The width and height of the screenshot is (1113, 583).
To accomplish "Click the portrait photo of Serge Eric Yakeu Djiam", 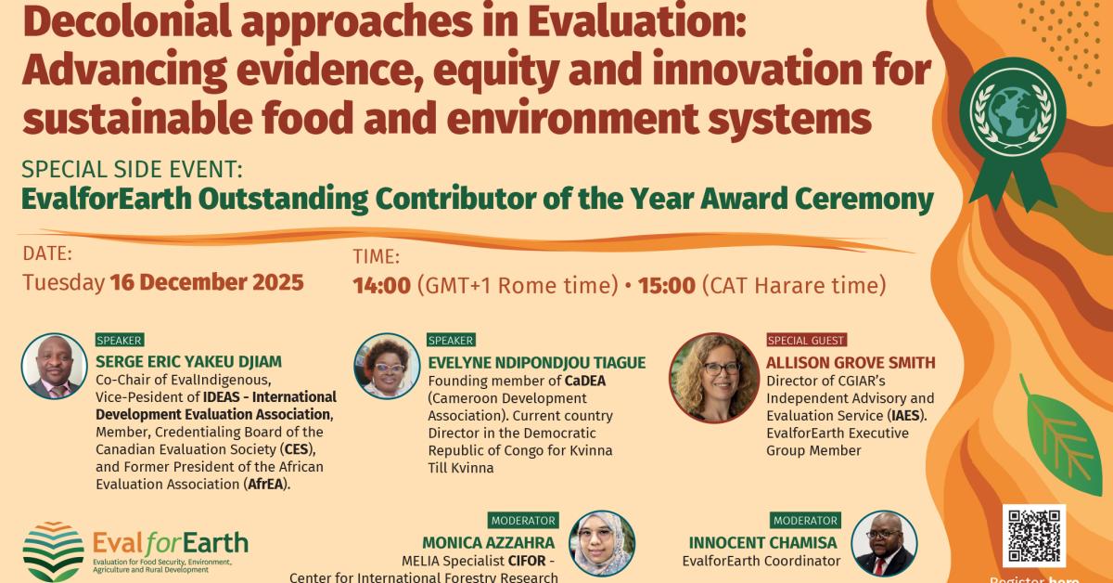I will (x=54, y=367).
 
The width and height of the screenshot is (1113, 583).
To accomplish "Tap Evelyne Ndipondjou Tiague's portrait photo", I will (x=387, y=366).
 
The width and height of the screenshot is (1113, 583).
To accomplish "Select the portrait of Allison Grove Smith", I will (x=713, y=366).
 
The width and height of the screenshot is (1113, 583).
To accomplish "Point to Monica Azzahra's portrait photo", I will (x=602, y=544).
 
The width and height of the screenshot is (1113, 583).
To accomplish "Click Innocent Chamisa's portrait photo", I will (x=883, y=544).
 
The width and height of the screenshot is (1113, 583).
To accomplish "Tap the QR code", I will (x=1034, y=536).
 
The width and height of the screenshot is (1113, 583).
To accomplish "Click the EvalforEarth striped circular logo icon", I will (x=53, y=551).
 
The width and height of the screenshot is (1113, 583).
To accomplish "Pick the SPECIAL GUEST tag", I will (x=806, y=341).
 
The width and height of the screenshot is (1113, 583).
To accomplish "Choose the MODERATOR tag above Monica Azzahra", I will (x=523, y=521).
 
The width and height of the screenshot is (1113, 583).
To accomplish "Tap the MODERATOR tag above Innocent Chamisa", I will (x=805, y=521).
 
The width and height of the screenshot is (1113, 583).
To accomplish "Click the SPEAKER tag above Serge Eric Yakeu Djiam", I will (x=120, y=341).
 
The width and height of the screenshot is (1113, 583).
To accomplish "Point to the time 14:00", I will (x=381, y=285).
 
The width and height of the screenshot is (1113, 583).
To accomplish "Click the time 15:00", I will (x=665, y=285).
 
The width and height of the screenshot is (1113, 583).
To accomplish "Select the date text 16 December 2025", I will (x=206, y=282).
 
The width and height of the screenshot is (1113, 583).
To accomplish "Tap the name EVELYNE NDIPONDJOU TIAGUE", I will (x=536, y=362).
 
